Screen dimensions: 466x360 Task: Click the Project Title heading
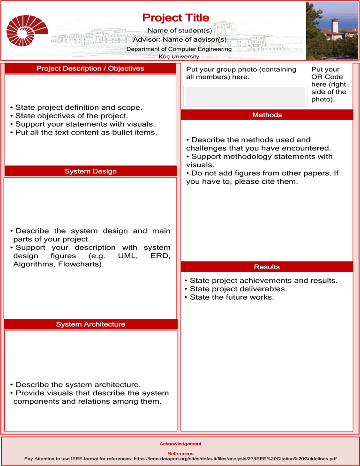pos(176,18)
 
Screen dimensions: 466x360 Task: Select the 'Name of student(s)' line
pos(180,30)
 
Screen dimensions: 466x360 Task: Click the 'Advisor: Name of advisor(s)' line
pos(180,39)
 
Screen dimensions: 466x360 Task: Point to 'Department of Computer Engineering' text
pos(179,49)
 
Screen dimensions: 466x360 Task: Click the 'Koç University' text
pos(179,56)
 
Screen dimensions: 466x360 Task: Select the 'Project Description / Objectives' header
pos(90,68)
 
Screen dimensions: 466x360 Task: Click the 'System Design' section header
pos(90,172)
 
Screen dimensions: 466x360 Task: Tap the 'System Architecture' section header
pos(90,324)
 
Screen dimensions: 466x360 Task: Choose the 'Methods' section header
pos(267,115)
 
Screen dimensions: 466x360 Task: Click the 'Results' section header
pos(267,267)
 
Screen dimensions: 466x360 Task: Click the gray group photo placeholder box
pos(245,96)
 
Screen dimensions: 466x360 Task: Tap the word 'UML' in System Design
pos(127,256)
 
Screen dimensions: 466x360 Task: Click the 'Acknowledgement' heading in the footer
pos(180,443)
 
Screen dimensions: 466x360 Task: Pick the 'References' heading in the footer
pos(180,453)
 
